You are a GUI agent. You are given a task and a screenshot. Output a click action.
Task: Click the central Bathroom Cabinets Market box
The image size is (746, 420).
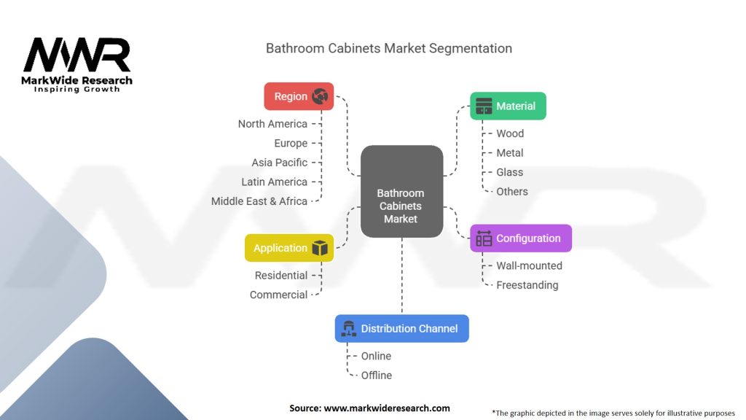tap(401, 191)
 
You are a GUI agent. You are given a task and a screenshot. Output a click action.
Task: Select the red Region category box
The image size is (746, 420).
tap(299, 96)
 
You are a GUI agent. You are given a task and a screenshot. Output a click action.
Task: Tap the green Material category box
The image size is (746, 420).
tap(508, 106)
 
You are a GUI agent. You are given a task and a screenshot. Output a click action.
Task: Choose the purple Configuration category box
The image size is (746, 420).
tap(520, 238)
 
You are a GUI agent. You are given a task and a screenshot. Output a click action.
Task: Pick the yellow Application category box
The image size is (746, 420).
tap(289, 248)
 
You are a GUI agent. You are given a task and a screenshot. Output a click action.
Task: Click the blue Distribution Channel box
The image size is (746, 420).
tap(401, 329)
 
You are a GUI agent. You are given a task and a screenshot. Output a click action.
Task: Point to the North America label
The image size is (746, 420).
tap(272, 124)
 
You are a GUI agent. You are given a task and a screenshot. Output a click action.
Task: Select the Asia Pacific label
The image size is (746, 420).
tap(280, 163)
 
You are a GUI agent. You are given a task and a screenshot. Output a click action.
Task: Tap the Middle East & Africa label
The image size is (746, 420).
tap(259, 201)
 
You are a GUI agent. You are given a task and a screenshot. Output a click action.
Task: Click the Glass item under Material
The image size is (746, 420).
tap(509, 172)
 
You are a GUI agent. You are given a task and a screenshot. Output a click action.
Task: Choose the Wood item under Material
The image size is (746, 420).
tap(510, 133)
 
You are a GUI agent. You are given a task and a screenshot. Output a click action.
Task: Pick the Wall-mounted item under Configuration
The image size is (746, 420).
tap(529, 266)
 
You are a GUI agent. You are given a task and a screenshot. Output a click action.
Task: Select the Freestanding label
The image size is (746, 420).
tap(527, 285)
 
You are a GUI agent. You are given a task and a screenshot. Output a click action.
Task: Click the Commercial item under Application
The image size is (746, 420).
tap(278, 295)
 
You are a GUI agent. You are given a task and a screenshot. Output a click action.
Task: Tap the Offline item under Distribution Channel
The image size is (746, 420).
tap(377, 376)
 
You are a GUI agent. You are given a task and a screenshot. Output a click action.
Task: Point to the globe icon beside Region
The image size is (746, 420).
tap(320, 96)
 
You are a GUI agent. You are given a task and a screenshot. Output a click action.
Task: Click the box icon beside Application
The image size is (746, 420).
tap(320, 248)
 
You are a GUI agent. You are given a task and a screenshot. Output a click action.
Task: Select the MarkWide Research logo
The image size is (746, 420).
tap(77, 64)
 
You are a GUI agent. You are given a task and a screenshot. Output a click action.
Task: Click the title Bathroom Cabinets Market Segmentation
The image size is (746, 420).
tap(388, 49)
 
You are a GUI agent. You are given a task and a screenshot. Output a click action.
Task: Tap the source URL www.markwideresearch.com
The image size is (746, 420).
tap(386, 408)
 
